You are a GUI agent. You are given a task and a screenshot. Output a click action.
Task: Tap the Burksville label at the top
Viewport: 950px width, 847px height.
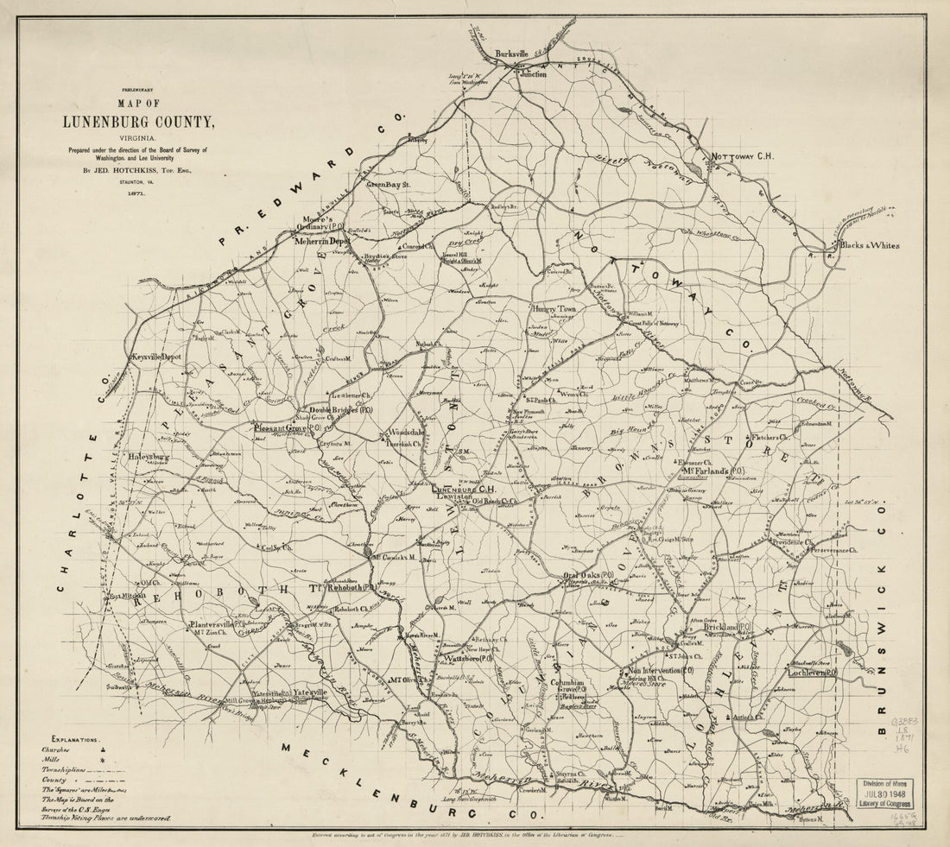coord(510,54)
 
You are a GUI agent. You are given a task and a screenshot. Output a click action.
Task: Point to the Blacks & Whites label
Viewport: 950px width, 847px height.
coord(869,245)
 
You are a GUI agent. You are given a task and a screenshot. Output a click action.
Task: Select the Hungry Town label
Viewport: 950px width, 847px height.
coord(554,307)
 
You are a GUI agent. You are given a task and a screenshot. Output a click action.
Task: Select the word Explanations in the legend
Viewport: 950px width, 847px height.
coord(76,740)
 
